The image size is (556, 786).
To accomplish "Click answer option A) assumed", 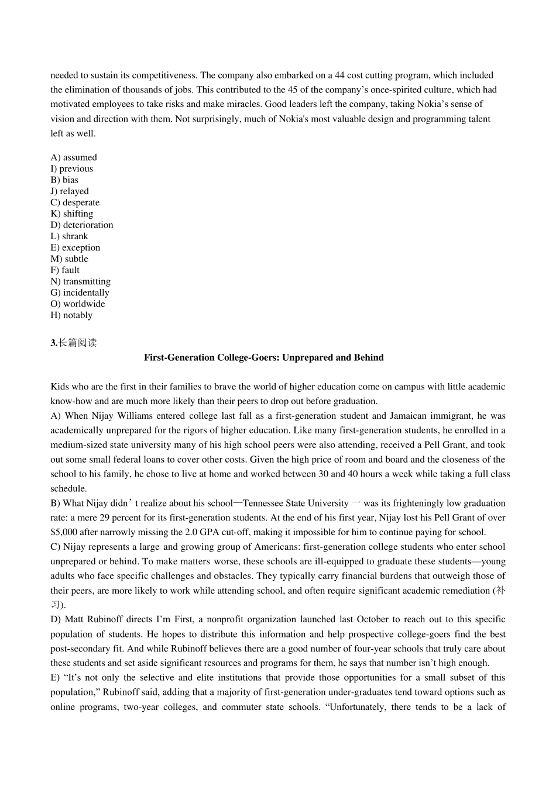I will (x=74, y=157).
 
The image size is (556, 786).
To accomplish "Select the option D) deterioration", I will (x=82, y=225).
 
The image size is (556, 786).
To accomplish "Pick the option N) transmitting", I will (x=80, y=281).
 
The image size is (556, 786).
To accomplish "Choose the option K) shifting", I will (x=72, y=214).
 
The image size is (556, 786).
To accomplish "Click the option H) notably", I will (x=71, y=315).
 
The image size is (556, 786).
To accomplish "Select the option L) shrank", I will (x=70, y=236).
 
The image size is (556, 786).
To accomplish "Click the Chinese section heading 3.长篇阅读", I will (x=74, y=343).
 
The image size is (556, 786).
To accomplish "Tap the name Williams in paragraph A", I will (x=134, y=416).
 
